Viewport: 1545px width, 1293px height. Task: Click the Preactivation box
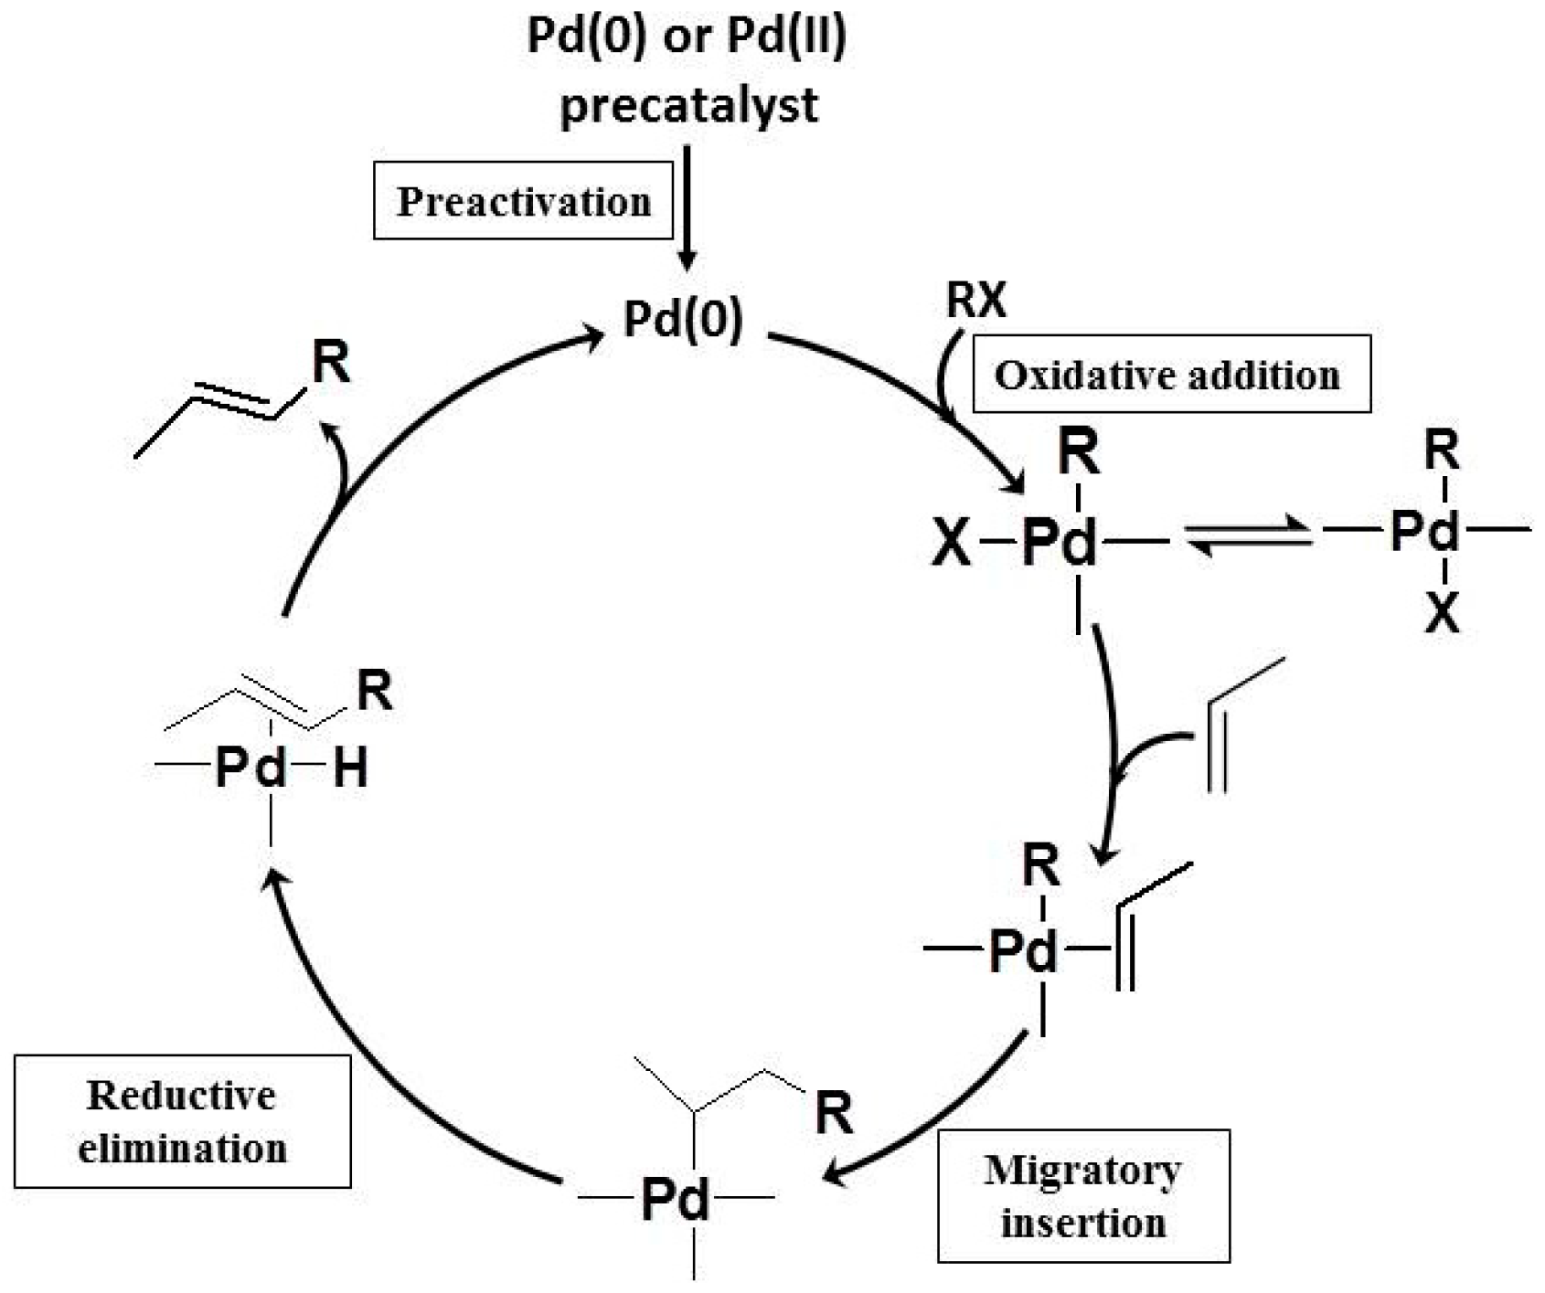tap(523, 201)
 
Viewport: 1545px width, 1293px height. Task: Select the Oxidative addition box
tap(1171, 375)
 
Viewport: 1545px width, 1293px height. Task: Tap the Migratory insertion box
tap(1083, 1196)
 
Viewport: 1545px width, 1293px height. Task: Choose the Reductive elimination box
tap(182, 1121)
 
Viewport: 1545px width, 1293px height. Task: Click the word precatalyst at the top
tap(688, 105)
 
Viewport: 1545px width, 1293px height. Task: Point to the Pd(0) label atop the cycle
tap(683, 320)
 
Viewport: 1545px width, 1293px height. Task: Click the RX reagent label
tap(975, 300)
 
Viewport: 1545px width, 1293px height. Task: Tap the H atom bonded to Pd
tap(350, 769)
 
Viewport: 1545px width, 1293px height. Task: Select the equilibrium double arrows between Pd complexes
tap(1248, 536)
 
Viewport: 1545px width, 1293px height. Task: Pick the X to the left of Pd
tap(951, 544)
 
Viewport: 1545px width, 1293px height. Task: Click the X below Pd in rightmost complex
tap(1443, 615)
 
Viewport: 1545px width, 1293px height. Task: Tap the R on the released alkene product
tap(331, 363)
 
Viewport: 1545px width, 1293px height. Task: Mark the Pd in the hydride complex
tap(250, 769)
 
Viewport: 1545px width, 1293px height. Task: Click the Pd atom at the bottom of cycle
tap(676, 1199)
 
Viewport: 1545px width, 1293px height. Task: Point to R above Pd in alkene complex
tap(1041, 865)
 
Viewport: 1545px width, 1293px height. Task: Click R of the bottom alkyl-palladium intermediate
tap(833, 1114)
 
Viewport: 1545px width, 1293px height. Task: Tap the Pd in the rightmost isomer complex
tap(1424, 530)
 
